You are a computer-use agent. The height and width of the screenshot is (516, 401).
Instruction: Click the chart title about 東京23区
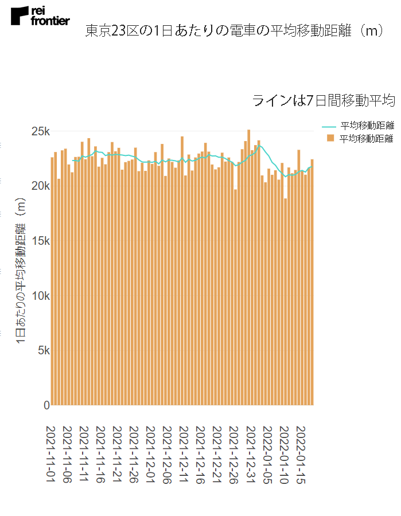click(x=234, y=31)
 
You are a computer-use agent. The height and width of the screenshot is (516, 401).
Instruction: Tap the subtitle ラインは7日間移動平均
click(x=323, y=101)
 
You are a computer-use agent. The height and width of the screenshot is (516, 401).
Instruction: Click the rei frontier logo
click(x=40, y=16)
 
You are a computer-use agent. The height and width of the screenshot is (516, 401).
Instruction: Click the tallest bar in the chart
click(x=248, y=267)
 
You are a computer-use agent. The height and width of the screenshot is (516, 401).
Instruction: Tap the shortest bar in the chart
click(x=285, y=302)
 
